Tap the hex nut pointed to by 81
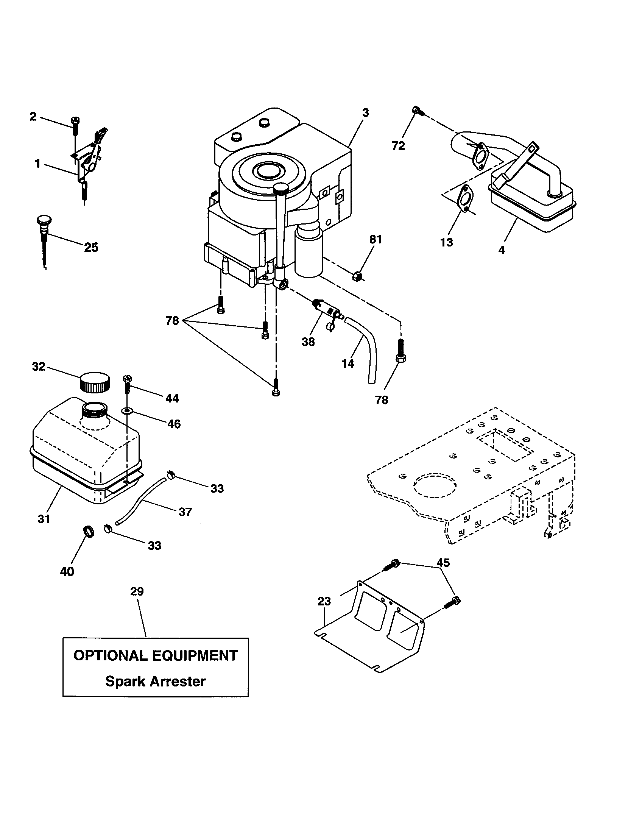[357, 275]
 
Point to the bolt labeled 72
[417, 111]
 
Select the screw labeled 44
[126, 385]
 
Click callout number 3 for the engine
[365, 112]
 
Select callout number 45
[443, 563]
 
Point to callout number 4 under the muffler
[502, 250]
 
